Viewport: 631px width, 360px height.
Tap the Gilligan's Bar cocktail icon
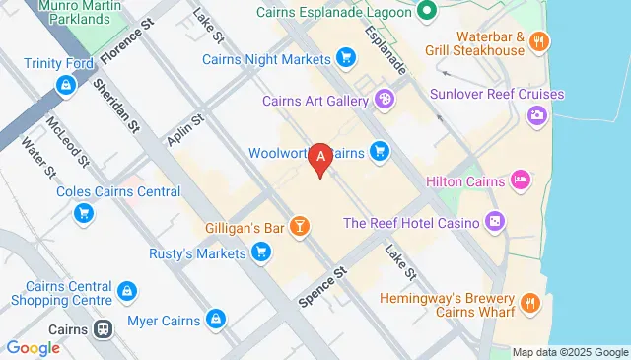(300, 228)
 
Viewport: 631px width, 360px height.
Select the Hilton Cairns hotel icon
(521, 181)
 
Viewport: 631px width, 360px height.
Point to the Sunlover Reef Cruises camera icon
(537, 115)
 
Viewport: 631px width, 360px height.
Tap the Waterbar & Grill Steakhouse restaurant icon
(538, 40)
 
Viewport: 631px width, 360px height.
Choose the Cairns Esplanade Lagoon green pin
(426, 13)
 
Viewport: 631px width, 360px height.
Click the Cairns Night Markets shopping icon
(345, 58)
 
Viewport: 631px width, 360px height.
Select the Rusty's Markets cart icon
(260, 253)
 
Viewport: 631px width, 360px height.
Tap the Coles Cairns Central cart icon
(85, 212)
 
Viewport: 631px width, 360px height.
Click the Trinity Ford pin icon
(64, 86)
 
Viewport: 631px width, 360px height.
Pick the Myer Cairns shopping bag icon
(217, 320)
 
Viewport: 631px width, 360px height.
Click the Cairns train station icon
(101, 329)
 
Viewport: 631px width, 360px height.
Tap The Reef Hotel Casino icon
(495, 223)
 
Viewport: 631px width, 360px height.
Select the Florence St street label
(122, 38)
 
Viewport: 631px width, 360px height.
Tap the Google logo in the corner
(33, 347)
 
